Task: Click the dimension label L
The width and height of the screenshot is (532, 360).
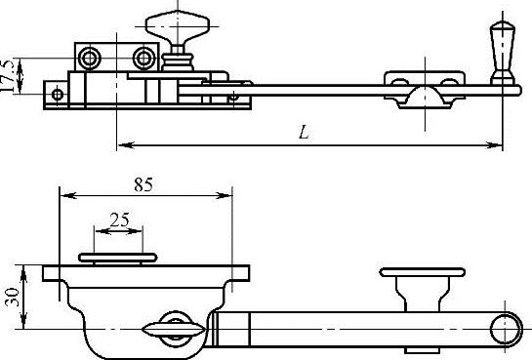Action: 304,133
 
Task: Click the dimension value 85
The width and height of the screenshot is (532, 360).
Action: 143,184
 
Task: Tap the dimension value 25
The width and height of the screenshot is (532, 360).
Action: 120,220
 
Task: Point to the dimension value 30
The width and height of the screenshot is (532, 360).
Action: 13,298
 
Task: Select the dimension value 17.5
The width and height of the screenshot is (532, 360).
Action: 8,76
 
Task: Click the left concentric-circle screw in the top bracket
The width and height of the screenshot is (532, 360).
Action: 89,58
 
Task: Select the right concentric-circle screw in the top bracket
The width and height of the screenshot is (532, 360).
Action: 144,58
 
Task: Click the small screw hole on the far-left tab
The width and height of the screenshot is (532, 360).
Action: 58,95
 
